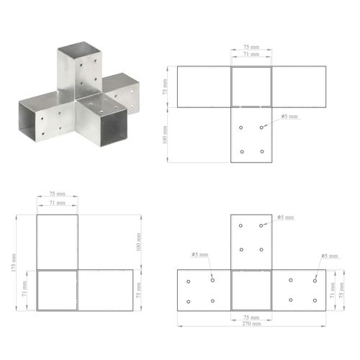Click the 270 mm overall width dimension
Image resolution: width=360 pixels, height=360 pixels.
point(251,323)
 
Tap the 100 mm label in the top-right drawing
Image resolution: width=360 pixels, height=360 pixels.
point(165,135)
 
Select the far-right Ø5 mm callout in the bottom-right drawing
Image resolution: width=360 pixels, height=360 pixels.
point(329,256)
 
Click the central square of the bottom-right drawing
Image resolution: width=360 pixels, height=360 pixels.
point(251,290)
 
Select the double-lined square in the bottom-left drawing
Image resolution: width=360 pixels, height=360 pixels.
point(57,290)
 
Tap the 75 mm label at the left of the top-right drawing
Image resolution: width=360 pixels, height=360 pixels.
point(165,86)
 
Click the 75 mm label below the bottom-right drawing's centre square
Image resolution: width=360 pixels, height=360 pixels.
point(251,316)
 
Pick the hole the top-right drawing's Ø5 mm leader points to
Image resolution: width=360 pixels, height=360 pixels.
point(262,128)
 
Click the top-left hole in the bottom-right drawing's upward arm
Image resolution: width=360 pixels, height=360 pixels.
point(241,226)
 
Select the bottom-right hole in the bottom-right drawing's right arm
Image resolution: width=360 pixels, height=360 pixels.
point(315,300)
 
